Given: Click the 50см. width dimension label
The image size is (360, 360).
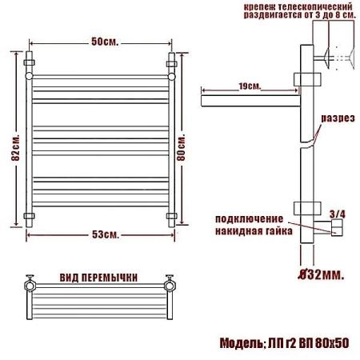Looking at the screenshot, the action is coord(105,42).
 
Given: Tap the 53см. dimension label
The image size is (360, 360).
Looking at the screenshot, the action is coord(106,234).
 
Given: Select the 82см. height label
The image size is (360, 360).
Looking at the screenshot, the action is coord(15,146).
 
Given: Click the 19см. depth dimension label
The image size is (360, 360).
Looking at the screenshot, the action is coord(250,86).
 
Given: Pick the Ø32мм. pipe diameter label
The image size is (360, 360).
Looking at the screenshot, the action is coord(321,274).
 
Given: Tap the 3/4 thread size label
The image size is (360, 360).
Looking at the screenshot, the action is coord(338,214).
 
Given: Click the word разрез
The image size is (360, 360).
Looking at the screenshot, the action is coord(338,118).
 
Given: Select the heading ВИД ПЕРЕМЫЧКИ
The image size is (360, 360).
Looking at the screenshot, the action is coord(98,278).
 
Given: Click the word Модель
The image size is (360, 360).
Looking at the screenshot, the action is coord(241,343).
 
